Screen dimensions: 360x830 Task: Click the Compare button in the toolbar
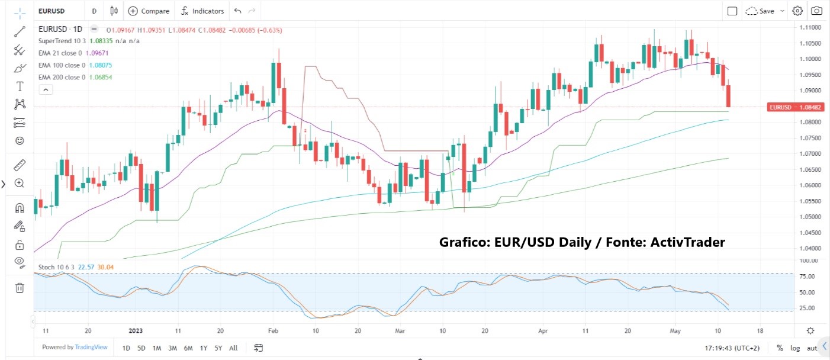tap(149, 11)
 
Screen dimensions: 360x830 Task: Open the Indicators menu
tap(202, 11)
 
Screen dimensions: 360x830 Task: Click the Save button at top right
tap(765, 11)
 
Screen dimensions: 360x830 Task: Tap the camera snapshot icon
tap(816, 11)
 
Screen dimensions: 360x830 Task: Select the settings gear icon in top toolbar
tap(797, 11)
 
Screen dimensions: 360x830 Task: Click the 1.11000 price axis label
tap(810, 28)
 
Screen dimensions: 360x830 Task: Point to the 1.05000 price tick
tap(810, 217)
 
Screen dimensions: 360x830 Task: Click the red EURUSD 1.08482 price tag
tap(795, 107)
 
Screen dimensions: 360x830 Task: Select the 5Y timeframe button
tap(218, 348)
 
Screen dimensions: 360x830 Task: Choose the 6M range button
tap(188, 348)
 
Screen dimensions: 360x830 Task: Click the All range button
tap(233, 348)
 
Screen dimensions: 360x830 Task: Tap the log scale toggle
tap(795, 348)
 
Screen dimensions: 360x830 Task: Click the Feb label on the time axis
tap(273, 331)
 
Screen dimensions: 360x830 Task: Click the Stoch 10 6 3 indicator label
tap(56, 267)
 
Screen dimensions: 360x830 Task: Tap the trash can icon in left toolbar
tap(20, 288)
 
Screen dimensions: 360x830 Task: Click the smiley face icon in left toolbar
tap(20, 141)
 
